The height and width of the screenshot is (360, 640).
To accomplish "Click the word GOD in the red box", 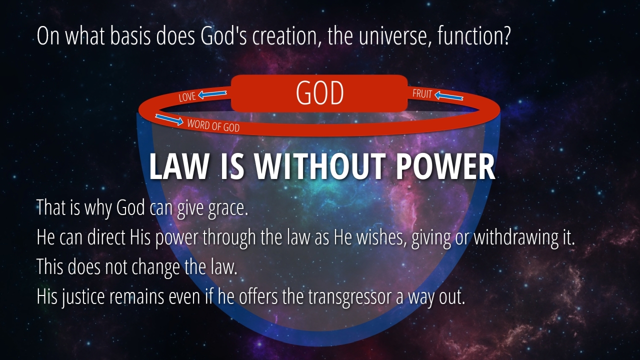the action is tap(319, 93).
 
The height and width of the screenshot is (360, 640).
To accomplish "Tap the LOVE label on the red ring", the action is tap(187, 97).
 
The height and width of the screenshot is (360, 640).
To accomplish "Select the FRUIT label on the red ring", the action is tap(422, 93).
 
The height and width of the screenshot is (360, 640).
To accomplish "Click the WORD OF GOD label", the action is tap(213, 125).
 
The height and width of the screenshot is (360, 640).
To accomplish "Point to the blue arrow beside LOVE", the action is tap(212, 94).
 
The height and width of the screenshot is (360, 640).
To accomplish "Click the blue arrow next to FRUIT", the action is tap(449, 95).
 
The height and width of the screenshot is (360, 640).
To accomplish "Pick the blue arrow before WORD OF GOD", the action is tap(169, 119).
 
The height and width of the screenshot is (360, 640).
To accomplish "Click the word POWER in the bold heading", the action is tap(445, 167).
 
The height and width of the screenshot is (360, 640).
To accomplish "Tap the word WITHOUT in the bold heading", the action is tap(319, 167).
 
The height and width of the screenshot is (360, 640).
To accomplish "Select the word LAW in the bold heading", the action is tap(178, 167).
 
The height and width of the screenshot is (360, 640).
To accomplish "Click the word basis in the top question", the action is tap(130, 36).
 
